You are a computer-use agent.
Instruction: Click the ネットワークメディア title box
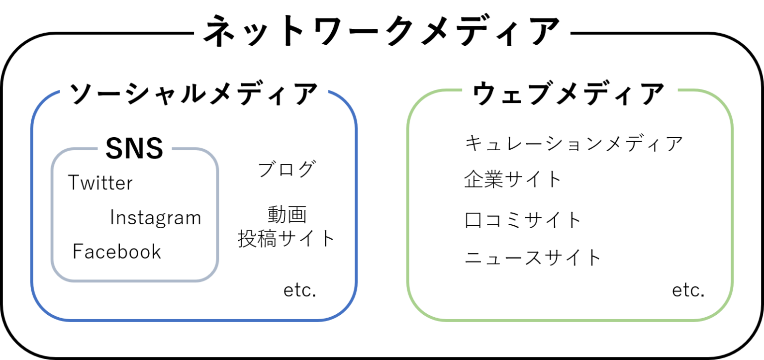tap(382, 33)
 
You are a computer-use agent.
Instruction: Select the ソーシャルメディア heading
tap(193, 94)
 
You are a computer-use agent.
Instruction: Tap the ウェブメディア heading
tap(569, 95)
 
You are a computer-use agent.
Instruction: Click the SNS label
tap(135, 148)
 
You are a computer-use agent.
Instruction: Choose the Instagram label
tap(156, 218)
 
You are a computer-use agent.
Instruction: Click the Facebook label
tap(118, 252)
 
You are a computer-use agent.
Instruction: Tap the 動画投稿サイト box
tap(286, 227)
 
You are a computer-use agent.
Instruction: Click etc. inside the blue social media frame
tap(303, 290)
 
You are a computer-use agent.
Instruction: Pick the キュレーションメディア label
tap(577, 145)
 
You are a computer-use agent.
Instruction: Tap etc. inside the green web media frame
tap(691, 290)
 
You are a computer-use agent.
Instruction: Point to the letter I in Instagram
tap(112, 218)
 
